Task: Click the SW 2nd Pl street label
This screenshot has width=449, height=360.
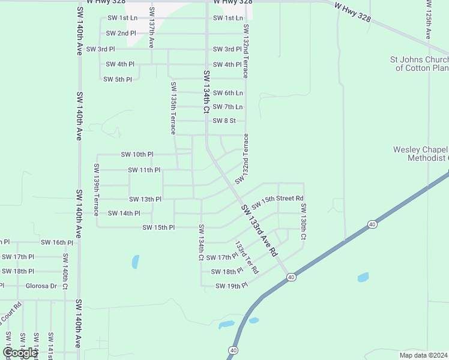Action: pyautogui.click(x=121, y=33)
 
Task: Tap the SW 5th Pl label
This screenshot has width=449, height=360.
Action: pyautogui.click(x=118, y=79)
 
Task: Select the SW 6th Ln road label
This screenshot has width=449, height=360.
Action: pyautogui.click(x=228, y=93)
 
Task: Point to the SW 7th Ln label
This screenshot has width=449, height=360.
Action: pyautogui.click(x=228, y=107)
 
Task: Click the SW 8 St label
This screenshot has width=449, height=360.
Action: pyautogui.click(x=224, y=121)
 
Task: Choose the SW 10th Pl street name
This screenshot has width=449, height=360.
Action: pyautogui.click(x=137, y=154)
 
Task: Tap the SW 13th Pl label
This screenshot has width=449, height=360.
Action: pyautogui.click(x=145, y=199)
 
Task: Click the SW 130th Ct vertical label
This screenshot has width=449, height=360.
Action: pyautogui.click(x=304, y=223)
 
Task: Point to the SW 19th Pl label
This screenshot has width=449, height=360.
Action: pyautogui.click(x=232, y=286)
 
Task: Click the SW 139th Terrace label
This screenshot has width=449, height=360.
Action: pyautogui.click(x=96, y=190)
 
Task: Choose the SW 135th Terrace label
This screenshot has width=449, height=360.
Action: pyautogui.click(x=173, y=107)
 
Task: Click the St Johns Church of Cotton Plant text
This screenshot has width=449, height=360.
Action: pyautogui.click(x=419, y=64)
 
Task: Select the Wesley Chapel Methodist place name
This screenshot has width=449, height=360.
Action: pyautogui.click(x=421, y=154)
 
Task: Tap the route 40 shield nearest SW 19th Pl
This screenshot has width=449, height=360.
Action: pyautogui.click(x=291, y=277)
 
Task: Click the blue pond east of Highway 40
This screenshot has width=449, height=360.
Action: pyautogui.click(x=363, y=277)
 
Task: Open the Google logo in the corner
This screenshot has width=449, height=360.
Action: pyautogui.click(x=20, y=352)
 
